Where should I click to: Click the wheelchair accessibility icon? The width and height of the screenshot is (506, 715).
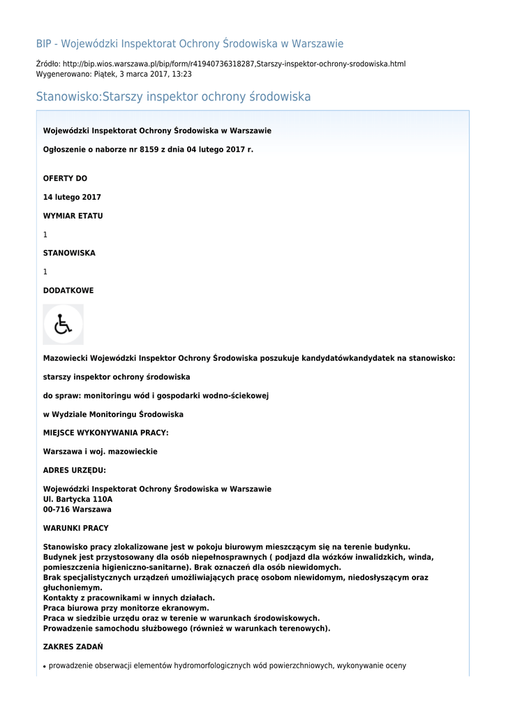pyautogui.click(x=64, y=324)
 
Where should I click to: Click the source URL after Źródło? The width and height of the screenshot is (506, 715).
pyautogui.click(x=234, y=64)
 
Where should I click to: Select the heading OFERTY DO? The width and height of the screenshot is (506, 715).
pyautogui.click(x=65, y=179)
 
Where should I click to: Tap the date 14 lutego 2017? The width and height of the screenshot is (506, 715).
pyautogui.click(x=72, y=198)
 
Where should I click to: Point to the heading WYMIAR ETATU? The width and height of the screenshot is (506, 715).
pyautogui.click(x=73, y=216)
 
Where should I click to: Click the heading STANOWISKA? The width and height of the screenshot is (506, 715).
pyautogui.click(x=69, y=253)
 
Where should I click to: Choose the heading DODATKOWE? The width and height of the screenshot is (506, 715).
pyautogui.click(x=68, y=290)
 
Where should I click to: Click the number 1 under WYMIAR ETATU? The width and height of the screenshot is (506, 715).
pyautogui.click(x=45, y=235)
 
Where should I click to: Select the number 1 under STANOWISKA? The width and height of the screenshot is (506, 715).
pyautogui.click(x=45, y=272)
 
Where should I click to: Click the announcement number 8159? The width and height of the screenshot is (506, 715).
pyautogui.click(x=150, y=149)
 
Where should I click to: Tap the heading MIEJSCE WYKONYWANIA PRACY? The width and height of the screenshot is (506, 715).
pyautogui.click(x=105, y=433)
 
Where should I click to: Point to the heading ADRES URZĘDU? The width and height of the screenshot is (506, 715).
pyautogui.click(x=75, y=470)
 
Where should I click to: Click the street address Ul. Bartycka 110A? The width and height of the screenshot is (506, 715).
pyautogui.click(x=77, y=499)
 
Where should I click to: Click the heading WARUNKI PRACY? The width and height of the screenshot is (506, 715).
pyautogui.click(x=75, y=528)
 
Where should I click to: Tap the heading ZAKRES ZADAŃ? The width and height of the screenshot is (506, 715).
pyautogui.click(x=73, y=647)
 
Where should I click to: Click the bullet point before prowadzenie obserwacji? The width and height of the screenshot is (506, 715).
pyautogui.click(x=45, y=667)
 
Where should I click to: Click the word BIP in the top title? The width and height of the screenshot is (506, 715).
pyautogui.click(x=44, y=44)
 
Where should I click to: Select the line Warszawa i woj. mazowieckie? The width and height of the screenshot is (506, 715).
pyautogui.click(x=100, y=452)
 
